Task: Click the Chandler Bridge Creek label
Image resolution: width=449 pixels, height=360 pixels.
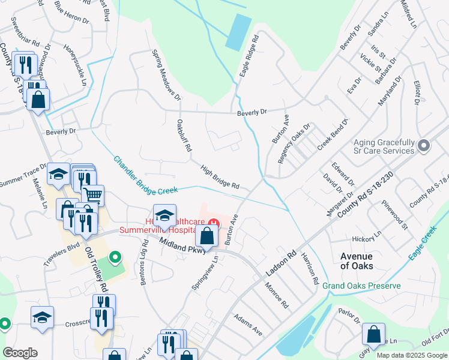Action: (x=146, y=175)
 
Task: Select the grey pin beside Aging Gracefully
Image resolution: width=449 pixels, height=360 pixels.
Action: (x=424, y=146)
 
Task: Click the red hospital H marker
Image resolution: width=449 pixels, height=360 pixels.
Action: (x=213, y=224)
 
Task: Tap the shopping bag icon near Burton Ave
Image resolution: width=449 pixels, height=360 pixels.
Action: (x=206, y=236)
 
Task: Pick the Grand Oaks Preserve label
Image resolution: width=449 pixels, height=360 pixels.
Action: (x=361, y=286)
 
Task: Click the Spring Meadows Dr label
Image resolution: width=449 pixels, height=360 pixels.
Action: (x=166, y=74)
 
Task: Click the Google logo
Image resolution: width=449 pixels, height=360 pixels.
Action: (x=20, y=353)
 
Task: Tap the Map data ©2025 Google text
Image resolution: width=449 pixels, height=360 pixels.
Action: (x=412, y=355)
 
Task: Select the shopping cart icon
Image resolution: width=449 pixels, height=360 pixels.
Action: (x=92, y=196)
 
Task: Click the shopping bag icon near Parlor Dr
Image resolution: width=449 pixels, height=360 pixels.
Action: (x=373, y=334)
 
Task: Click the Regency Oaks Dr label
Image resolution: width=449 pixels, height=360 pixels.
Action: (x=294, y=144)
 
